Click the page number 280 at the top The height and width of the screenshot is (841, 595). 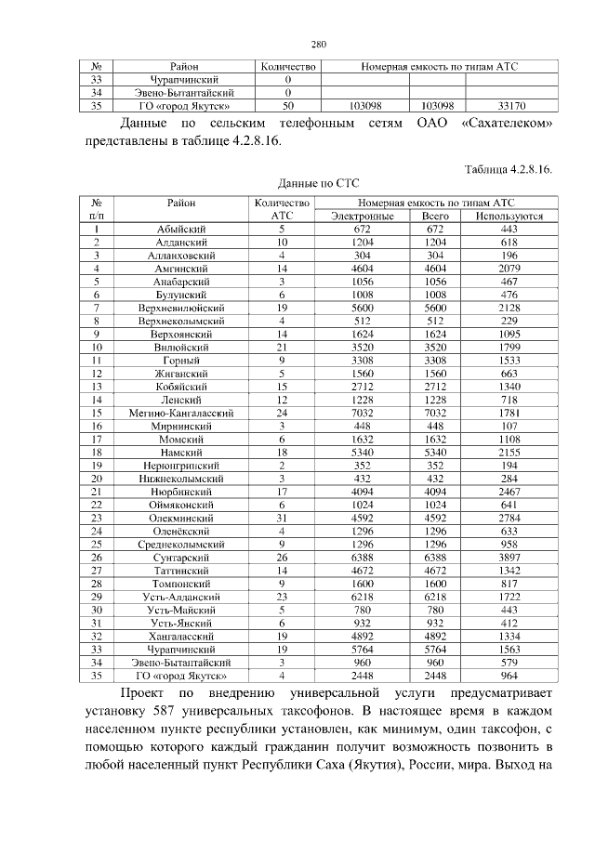[x=319, y=44]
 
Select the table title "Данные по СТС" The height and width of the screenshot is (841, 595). [x=319, y=183]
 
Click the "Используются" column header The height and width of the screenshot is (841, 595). [x=509, y=216]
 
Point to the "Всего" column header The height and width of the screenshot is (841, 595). [x=436, y=216]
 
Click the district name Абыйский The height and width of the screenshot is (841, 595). [x=183, y=229]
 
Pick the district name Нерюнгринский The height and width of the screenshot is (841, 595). [x=183, y=464]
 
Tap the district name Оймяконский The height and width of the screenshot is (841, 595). [x=183, y=503]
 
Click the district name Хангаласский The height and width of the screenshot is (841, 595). [x=183, y=635]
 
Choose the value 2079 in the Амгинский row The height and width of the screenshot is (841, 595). [x=509, y=268]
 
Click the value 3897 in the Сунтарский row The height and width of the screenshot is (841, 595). [x=509, y=556]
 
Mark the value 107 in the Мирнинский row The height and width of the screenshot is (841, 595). [x=509, y=424]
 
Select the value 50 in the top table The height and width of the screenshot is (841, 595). [x=287, y=106]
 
